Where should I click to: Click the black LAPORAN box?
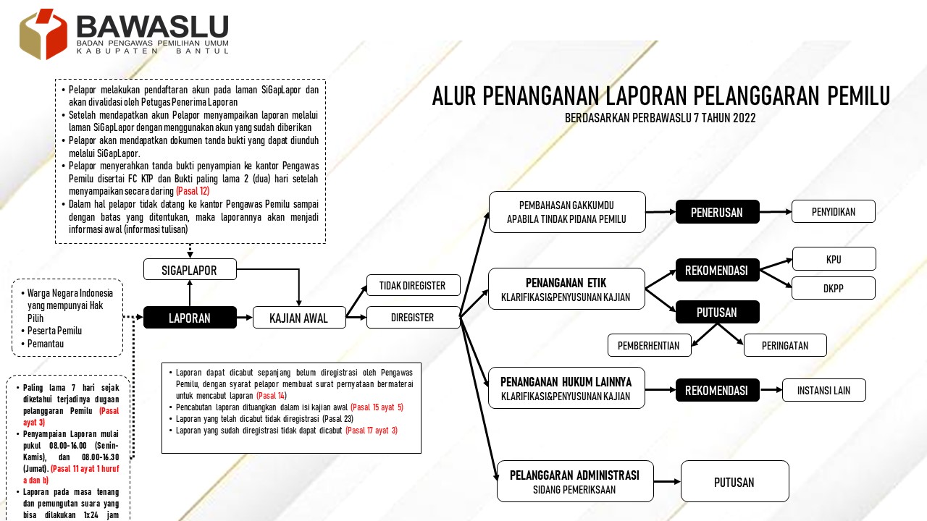point(190,318)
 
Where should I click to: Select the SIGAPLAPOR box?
point(190,270)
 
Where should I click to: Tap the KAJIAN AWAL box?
point(299,318)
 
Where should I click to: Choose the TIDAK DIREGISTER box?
point(413,285)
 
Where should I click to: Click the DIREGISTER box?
point(413,317)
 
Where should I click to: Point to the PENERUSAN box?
point(717,211)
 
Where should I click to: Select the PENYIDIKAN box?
point(833,211)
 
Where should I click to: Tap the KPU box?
point(834,259)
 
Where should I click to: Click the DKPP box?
point(833,288)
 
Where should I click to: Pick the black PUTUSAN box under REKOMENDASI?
point(717,312)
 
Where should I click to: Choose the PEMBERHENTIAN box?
point(649,345)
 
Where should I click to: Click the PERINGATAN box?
point(785,345)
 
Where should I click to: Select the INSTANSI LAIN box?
point(823,390)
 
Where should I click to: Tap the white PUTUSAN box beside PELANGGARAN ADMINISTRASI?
point(734,482)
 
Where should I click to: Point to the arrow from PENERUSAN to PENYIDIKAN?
point(775,211)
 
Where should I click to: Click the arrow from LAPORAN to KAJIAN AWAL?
point(245,318)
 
